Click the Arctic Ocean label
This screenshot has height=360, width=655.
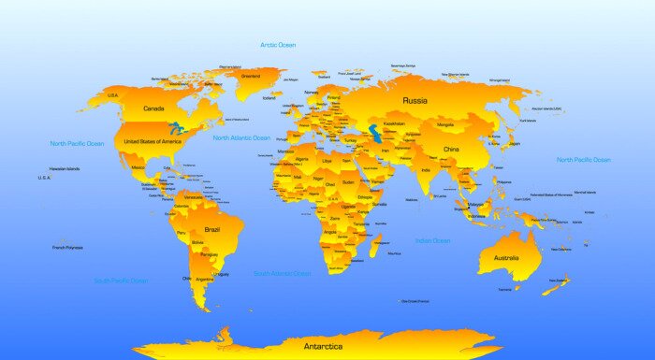(x=279, y=44)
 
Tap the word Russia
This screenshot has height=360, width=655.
(x=415, y=100)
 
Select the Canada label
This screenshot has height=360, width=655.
(x=154, y=108)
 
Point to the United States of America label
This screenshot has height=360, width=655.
(x=153, y=141)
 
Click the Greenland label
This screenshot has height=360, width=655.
(x=250, y=76)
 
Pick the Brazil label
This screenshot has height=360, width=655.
(x=212, y=229)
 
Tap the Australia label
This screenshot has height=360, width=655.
(x=505, y=259)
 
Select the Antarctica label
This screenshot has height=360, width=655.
(x=324, y=346)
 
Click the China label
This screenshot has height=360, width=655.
(x=452, y=150)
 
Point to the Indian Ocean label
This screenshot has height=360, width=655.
(x=433, y=241)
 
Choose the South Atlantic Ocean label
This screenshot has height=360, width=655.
(x=283, y=274)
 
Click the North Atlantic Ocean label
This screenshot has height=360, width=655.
(x=241, y=137)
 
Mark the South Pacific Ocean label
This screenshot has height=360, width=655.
(x=121, y=281)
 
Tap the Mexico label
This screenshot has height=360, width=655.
(x=138, y=167)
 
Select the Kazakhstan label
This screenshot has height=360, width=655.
(x=394, y=123)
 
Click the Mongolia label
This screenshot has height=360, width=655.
(x=445, y=124)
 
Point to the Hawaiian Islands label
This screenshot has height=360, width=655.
(x=65, y=169)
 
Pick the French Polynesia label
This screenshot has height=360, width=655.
(x=67, y=247)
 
